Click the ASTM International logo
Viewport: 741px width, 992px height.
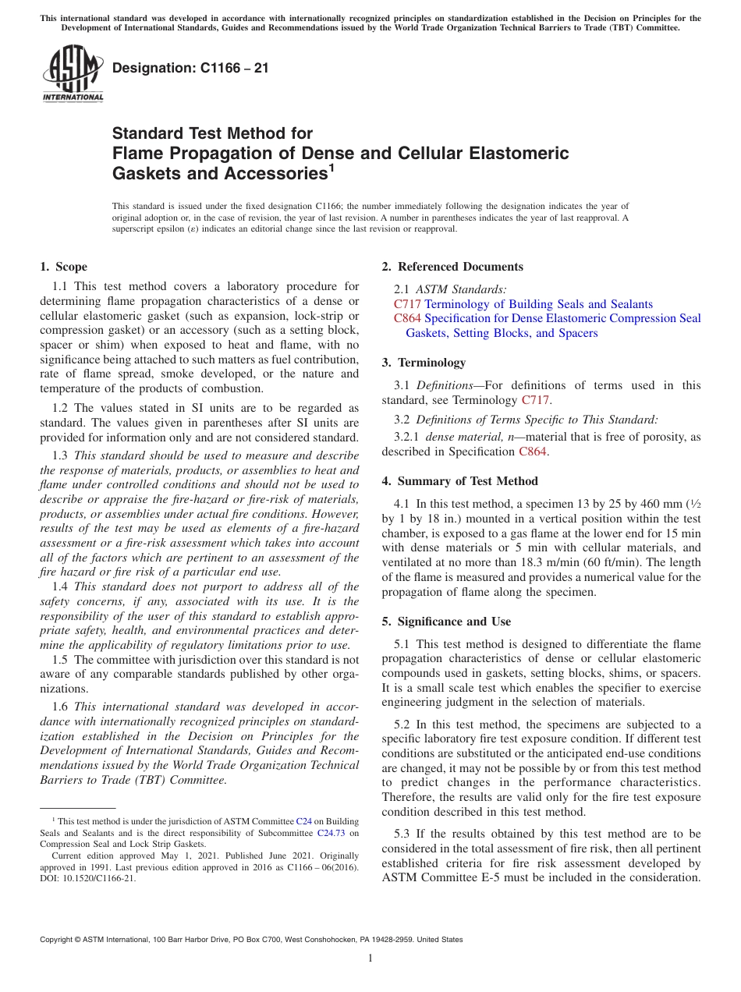72,74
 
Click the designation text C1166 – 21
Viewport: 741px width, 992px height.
190,69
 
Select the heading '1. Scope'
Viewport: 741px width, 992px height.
63,267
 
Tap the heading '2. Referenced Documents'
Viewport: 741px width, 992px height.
452,267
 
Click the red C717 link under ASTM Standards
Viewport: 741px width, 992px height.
407,304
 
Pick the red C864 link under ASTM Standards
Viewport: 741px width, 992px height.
407,318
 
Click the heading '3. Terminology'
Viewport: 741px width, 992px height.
424,363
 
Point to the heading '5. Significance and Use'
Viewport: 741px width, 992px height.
446,622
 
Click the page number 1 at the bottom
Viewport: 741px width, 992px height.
370,958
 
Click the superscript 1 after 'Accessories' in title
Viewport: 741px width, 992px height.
331,167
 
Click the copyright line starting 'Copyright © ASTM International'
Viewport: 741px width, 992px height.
250,940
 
